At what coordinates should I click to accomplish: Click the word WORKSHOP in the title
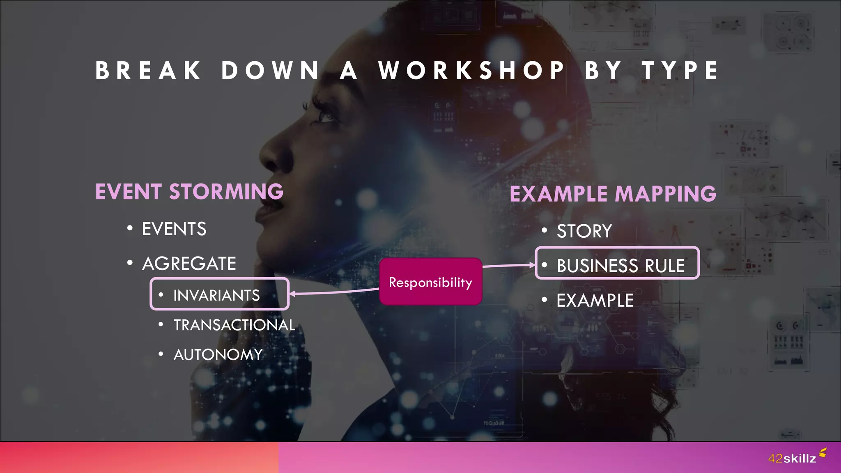471,71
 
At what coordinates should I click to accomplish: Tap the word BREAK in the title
148,71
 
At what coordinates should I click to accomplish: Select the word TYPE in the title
680,71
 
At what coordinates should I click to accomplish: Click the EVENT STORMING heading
189,192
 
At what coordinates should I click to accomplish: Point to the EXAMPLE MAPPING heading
613,194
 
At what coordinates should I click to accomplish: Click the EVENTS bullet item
174,229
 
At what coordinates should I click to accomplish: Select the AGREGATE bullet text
189,264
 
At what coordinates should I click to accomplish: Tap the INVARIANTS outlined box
220,294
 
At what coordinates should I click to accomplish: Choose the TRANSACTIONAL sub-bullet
234,325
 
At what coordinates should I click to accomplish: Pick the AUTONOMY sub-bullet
218,355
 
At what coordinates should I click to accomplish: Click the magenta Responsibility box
430,282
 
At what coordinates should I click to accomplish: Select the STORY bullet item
584,231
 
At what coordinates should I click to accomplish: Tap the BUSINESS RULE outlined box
617,264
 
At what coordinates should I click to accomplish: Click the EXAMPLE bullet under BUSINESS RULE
595,301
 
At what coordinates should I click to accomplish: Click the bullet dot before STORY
544,230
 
